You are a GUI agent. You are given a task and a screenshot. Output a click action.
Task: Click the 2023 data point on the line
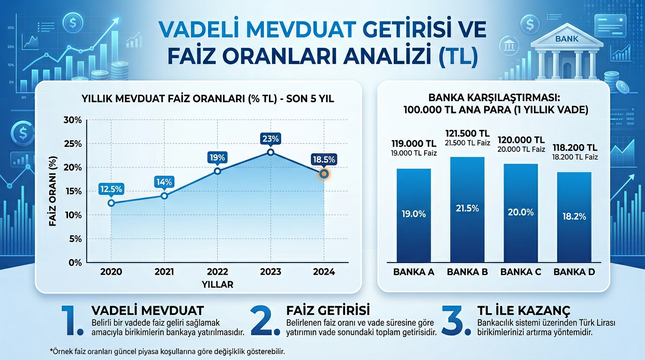click(x=270, y=152)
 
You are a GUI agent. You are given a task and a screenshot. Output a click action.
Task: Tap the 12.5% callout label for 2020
click(x=111, y=189)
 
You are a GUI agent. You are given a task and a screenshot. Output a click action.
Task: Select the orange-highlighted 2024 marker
click(x=323, y=174)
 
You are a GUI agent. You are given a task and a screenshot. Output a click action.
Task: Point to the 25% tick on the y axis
click(x=73, y=144)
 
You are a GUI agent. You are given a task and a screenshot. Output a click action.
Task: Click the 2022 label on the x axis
click(x=217, y=272)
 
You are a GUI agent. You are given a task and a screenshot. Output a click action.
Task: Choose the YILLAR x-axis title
click(x=217, y=284)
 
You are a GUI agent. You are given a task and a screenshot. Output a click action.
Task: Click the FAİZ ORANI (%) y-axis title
click(x=52, y=192)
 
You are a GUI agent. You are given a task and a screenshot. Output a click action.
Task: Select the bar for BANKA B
click(x=467, y=210)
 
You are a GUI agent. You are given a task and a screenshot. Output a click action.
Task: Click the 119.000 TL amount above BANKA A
click(x=413, y=143)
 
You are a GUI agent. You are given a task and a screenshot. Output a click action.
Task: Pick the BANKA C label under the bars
click(x=521, y=272)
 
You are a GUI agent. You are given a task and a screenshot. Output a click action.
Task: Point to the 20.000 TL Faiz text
click(x=521, y=149)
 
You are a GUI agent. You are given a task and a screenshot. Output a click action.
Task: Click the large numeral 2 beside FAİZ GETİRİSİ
click(x=266, y=320)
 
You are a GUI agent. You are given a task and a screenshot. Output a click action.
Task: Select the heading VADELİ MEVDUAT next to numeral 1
click(x=148, y=310)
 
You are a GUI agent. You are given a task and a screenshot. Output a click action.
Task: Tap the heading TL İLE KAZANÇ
click(x=524, y=310)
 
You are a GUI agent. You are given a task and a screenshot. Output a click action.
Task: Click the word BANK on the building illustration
click(x=567, y=39)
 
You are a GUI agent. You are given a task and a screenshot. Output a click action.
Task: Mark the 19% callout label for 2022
click(x=217, y=157)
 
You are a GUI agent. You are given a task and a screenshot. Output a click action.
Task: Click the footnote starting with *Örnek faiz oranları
click(x=167, y=351)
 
